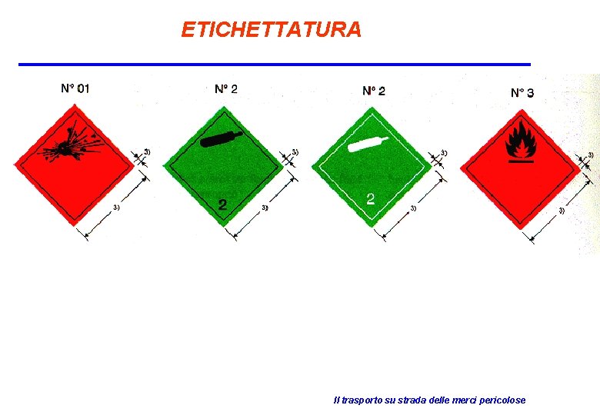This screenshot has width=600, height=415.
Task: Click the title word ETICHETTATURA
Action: tap(271, 30)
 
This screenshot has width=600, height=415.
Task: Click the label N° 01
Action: tap(75, 88)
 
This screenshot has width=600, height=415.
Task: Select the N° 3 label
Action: tap(522, 93)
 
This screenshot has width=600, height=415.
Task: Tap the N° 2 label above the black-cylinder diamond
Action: tap(225, 88)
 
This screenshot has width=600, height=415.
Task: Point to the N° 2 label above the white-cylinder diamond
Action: tap(374, 91)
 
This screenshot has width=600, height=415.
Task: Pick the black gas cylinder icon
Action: tap(221, 139)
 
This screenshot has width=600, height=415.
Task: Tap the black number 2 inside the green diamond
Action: tap(222, 204)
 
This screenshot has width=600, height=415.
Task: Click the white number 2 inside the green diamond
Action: tap(370, 199)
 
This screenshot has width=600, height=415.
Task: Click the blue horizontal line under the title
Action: tap(275, 64)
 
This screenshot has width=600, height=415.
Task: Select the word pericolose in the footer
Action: tap(502, 400)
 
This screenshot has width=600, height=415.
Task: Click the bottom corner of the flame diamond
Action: tap(521, 228)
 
